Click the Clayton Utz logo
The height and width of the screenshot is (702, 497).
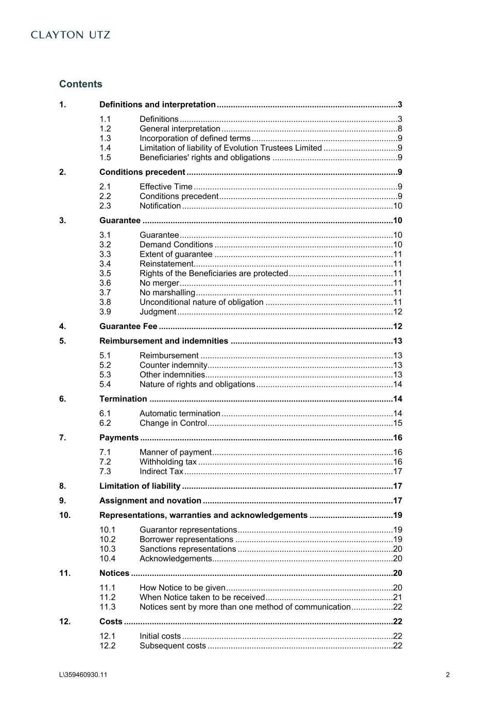point(71,35)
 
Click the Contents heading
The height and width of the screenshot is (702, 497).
point(81,84)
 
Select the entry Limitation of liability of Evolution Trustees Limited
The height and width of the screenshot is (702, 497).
point(230,148)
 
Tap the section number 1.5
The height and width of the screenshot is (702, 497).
point(105,158)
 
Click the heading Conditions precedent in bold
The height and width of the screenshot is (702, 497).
point(142,172)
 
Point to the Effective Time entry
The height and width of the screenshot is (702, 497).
point(166,187)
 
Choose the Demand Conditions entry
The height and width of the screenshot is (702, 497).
point(176,245)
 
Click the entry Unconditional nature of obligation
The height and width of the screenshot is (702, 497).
point(201,302)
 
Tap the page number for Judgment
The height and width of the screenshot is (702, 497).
point(398,312)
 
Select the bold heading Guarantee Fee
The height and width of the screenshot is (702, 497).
point(128,327)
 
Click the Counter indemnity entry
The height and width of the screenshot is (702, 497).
point(174,365)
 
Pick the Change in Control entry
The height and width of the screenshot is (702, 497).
point(173,423)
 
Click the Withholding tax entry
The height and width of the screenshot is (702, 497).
point(168,462)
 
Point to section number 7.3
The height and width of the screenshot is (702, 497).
point(105,472)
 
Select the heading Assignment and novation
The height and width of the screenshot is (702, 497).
point(150,501)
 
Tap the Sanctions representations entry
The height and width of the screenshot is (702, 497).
point(187,549)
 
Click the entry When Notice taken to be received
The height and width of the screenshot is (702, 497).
point(202,598)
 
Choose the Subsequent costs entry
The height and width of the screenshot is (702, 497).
point(173,646)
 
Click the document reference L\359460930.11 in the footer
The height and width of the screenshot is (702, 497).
point(83,675)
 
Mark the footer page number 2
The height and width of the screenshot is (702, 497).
point(448,675)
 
